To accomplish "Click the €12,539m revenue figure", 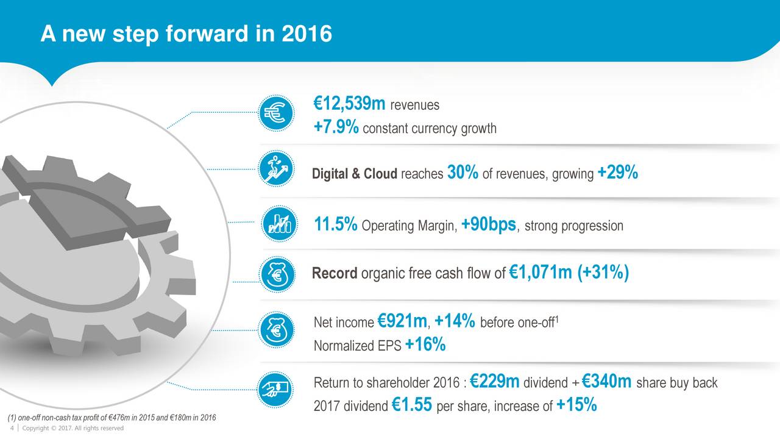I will (x=349, y=105).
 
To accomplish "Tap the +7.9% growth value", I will (x=336, y=128).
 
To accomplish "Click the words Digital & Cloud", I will (x=354, y=174).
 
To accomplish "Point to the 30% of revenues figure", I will (x=463, y=173).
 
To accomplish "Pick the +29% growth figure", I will (x=618, y=173).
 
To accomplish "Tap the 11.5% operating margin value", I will (x=336, y=225).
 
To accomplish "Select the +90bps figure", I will (x=489, y=225).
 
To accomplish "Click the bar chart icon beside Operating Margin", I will (x=280, y=222).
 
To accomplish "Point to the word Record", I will (x=335, y=273).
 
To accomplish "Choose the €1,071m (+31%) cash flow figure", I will (x=568, y=273).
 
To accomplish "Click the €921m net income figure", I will (x=402, y=320).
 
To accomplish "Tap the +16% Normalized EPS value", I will (x=425, y=345).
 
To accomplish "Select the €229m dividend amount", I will (x=495, y=382).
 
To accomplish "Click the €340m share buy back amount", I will (x=607, y=382).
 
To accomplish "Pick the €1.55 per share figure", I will (x=413, y=405).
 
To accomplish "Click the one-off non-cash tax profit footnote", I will (x=110, y=417).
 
